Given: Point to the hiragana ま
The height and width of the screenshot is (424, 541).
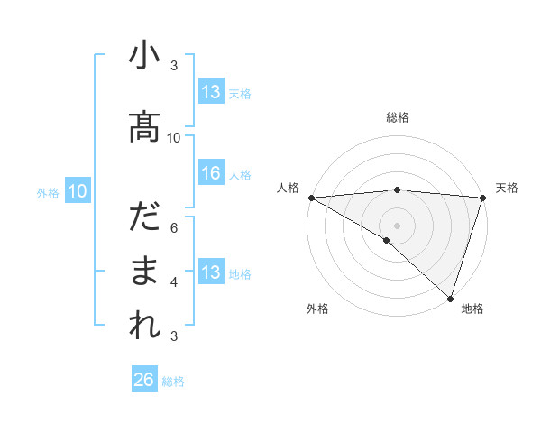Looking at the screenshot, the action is (x=144, y=272).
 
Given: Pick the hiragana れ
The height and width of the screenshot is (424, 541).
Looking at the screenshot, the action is (x=144, y=324).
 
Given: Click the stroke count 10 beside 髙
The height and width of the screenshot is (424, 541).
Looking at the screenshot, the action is (x=174, y=137).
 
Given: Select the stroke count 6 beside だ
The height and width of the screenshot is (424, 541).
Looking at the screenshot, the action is (x=174, y=227).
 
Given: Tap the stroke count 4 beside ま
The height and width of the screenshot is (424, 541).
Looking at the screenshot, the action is (x=174, y=281).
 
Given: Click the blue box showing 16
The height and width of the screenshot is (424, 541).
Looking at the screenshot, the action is (x=211, y=173).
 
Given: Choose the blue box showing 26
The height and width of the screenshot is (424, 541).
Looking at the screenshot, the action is (x=144, y=380).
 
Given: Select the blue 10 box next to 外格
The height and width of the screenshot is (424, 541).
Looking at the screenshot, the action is (x=77, y=190).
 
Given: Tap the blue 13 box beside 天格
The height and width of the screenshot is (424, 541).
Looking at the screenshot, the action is (x=211, y=92).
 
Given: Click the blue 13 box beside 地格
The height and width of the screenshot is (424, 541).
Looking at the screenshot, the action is (x=211, y=272).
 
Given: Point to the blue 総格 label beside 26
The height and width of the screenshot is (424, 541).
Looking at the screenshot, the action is (x=174, y=382).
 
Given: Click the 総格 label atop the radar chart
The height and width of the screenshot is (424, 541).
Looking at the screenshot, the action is (x=398, y=117).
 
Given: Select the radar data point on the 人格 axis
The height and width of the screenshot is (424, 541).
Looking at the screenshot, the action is (x=311, y=198).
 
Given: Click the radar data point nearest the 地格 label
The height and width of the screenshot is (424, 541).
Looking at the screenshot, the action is (x=450, y=298).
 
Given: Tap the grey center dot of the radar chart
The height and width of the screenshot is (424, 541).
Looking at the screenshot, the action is (x=397, y=225).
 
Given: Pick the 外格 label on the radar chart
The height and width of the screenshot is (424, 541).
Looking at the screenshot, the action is (x=317, y=309).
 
